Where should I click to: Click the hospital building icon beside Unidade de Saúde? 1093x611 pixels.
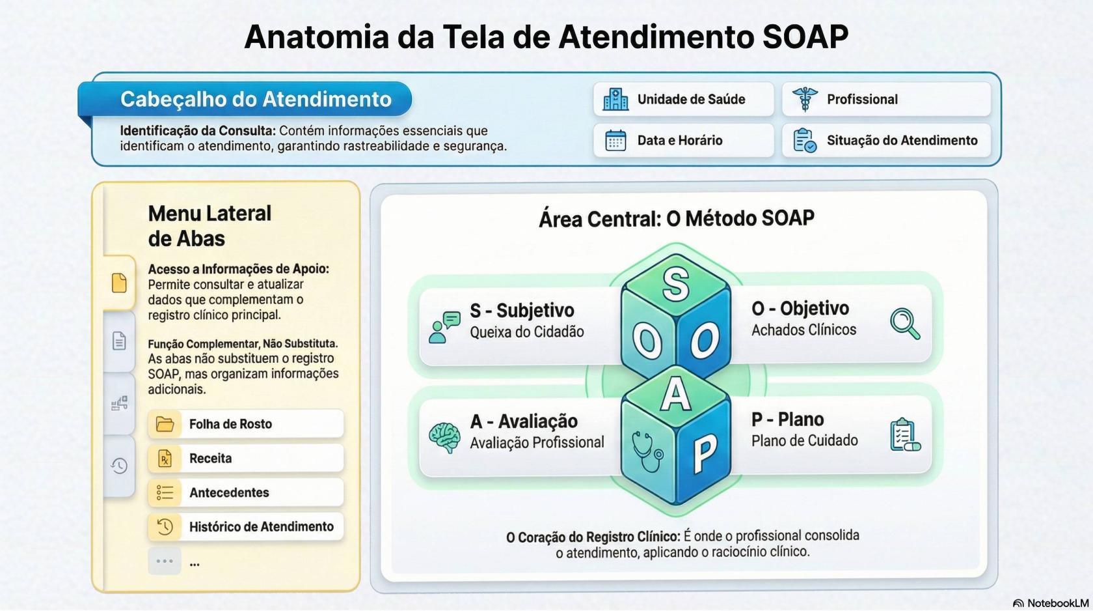[x=615, y=99]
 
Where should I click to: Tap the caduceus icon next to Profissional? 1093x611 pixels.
[x=805, y=99]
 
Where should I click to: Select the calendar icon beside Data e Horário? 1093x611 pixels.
[x=615, y=140]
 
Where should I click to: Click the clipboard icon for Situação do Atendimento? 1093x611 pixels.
[x=805, y=140]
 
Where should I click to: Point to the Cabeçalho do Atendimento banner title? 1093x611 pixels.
[x=256, y=99]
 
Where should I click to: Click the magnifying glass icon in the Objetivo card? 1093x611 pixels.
[x=905, y=323]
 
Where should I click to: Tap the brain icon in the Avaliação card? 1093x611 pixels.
[x=444, y=437]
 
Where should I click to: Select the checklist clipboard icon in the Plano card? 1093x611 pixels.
[x=905, y=435]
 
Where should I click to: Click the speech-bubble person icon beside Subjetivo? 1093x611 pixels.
[x=444, y=326]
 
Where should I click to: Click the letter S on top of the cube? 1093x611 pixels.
[x=676, y=284]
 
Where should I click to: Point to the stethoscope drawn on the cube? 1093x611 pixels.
[x=647, y=449]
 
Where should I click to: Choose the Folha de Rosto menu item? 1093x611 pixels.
[x=245, y=424]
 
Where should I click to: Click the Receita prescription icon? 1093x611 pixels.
[x=165, y=459]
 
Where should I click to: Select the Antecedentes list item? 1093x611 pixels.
[x=245, y=492]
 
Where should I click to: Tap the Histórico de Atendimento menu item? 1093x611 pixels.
[x=245, y=527]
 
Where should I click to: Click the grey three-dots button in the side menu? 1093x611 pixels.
[x=165, y=561]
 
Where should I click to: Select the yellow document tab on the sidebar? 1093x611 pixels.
[x=119, y=283]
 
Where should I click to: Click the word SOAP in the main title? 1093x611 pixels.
[x=805, y=36]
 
